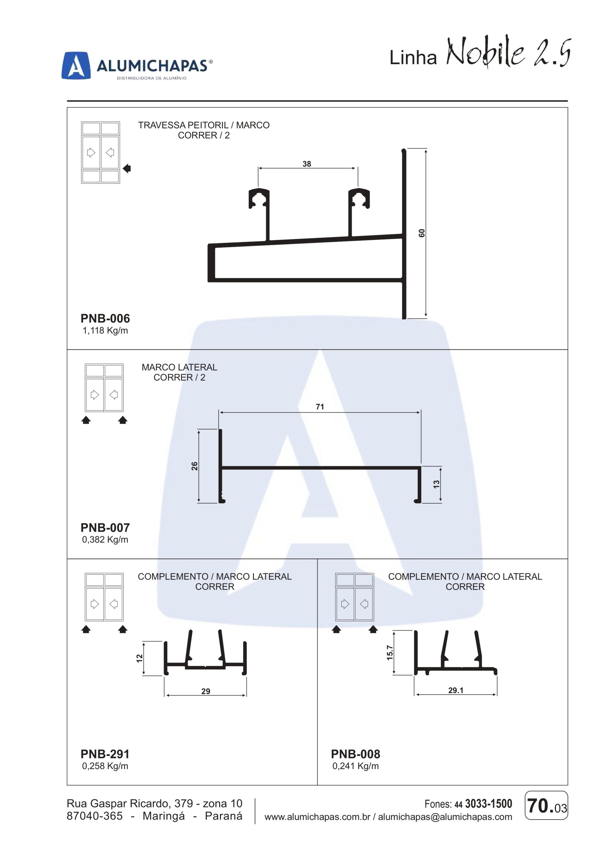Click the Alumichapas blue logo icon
click(x=76, y=65)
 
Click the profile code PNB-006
click(x=105, y=318)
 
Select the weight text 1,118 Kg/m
click(x=105, y=330)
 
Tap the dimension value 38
click(x=307, y=164)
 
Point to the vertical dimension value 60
click(x=422, y=233)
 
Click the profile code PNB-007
click(x=105, y=528)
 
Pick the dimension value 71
click(x=320, y=407)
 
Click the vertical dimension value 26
click(x=194, y=466)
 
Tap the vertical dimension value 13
click(x=436, y=484)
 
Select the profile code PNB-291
click(x=105, y=754)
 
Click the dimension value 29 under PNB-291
click(x=206, y=691)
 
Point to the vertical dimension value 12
click(x=139, y=658)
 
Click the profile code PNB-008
click(x=356, y=754)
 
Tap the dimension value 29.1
click(x=456, y=690)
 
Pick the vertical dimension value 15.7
click(x=390, y=653)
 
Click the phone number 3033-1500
click(x=489, y=804)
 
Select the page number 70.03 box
click(x=546, y=805)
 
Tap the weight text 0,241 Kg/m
click(x=356, y=766)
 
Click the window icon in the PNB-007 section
click(x=104, y=388)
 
